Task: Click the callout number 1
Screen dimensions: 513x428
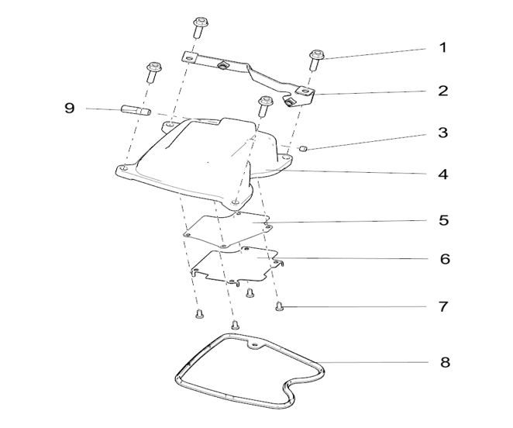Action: click(x=442, y=47)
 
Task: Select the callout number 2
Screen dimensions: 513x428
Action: click(x=443, y=91)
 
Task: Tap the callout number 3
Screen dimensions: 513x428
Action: click(x=443, y=133)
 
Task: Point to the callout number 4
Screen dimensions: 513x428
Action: click(x=443, y=174)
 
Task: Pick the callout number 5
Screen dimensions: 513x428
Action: click(x=443, y=220)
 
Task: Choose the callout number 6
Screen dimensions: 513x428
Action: click(x=445, y=259)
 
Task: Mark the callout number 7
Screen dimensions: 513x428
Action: click(x=443, y=307)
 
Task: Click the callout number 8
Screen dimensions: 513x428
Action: click(x=445, y=363)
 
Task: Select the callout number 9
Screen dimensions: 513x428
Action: click(x=70, y=108)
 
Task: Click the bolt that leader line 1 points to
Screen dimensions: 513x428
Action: click(x=316, y=60)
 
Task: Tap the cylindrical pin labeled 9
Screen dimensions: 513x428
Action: click(x=136, y=109)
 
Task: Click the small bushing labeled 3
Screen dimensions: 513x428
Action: click(x=303, y=148)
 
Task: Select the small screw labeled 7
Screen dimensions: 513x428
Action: click(x=279, y=306)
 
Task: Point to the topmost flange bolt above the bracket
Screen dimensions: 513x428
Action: click(x=199, y=28)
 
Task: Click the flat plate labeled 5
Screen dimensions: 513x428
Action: click(x=228, y=230)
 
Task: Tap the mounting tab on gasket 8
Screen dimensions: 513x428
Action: click(x=254, y=343)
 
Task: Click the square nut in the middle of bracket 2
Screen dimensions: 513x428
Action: click(x=222, y=65)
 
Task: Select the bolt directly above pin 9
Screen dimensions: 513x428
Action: click(x=153, y=71)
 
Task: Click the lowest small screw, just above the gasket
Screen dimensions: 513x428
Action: click(x=235, y=325)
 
